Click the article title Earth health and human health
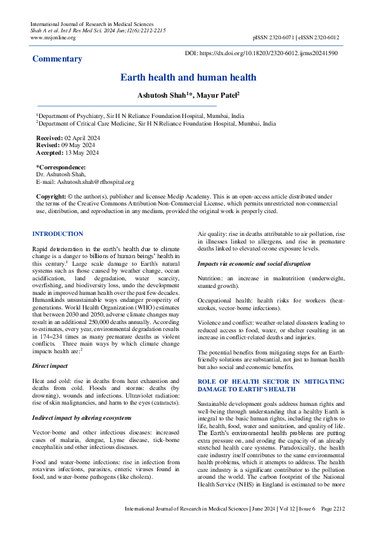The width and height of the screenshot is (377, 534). (x=188, y=77)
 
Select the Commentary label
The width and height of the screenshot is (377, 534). (x=57, y=59)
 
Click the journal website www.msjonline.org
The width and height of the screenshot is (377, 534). (x=53, y=37)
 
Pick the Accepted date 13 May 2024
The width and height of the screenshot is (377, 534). (x=80, y=153)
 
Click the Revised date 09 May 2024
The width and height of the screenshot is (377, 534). (x=77, y=145)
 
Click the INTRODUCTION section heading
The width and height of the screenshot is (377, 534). (x=58, y=234)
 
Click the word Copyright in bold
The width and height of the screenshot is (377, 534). (x=51, y=197)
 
